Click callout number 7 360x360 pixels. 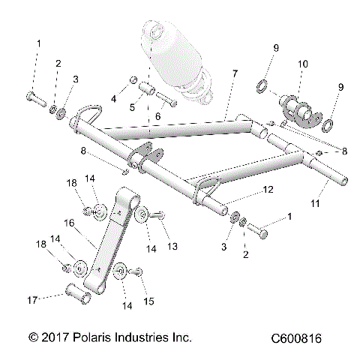[234, 74]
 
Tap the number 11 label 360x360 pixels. [316, 203]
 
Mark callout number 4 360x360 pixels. [113, 97]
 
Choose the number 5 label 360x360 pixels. [133, 107]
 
